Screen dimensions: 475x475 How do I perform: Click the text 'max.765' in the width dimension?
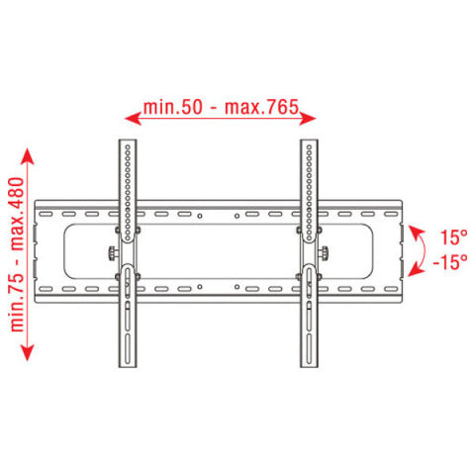(x=261, y=107)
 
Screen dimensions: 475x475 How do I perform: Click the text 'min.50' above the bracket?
(x=172, y=107)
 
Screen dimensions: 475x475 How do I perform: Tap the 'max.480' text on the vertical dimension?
(x=17, y=214)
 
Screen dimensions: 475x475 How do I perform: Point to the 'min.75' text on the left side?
(x=17, y=302)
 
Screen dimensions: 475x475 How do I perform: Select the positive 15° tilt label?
(x=454, y=237)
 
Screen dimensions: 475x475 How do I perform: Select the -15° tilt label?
(x=450, y=262)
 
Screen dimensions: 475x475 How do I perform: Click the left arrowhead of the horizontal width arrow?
(x=134, y=118)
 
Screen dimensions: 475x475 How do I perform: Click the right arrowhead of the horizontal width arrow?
(x=308, y=118)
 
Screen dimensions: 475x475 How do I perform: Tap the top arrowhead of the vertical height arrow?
(x=28, y=156)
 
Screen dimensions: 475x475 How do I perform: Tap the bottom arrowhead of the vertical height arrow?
(x=28, y=352)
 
